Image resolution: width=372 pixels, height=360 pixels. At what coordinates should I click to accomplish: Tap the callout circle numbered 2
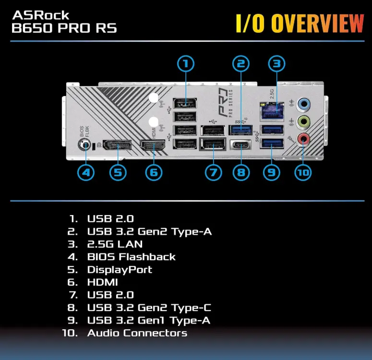[241, 63]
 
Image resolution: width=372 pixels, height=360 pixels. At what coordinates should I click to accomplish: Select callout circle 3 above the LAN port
[276, 63]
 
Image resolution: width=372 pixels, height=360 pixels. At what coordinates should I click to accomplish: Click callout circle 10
[303, 172]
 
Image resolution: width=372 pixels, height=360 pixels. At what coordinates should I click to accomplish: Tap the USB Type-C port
[241, 145]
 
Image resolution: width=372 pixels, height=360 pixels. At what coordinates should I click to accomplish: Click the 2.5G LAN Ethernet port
[272, 111]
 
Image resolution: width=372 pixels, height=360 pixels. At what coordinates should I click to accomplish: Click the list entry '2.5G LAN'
[115, 244]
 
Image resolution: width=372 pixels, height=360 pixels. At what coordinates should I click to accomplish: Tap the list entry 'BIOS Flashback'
[131, 257]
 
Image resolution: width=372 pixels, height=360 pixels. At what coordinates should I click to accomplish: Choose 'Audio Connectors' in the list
[137, 333]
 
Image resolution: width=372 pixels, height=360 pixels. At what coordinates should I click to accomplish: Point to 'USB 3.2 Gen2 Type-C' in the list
[149, 307]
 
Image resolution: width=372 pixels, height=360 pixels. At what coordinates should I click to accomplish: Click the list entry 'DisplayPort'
[120, 269]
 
